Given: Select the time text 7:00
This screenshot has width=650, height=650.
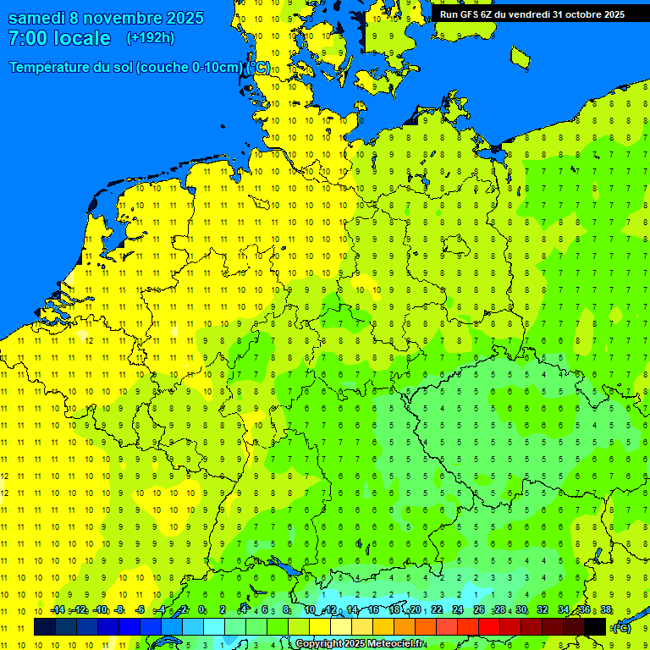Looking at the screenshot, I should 27,39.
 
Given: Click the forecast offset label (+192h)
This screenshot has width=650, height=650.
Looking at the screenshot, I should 150,38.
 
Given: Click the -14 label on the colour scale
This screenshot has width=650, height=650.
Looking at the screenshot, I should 58,610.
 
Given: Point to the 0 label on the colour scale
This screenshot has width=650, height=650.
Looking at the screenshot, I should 201,610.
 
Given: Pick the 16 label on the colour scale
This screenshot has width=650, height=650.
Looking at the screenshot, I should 372,610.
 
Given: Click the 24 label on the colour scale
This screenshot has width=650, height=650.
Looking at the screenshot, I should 458,610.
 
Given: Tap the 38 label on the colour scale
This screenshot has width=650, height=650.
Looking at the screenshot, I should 606,610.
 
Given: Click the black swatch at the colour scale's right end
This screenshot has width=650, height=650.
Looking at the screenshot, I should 595,626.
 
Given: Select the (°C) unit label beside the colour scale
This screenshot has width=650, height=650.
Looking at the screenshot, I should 621,627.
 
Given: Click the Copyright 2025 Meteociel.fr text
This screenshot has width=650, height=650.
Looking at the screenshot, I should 360,644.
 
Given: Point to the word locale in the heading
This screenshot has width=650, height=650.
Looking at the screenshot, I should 82,39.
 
